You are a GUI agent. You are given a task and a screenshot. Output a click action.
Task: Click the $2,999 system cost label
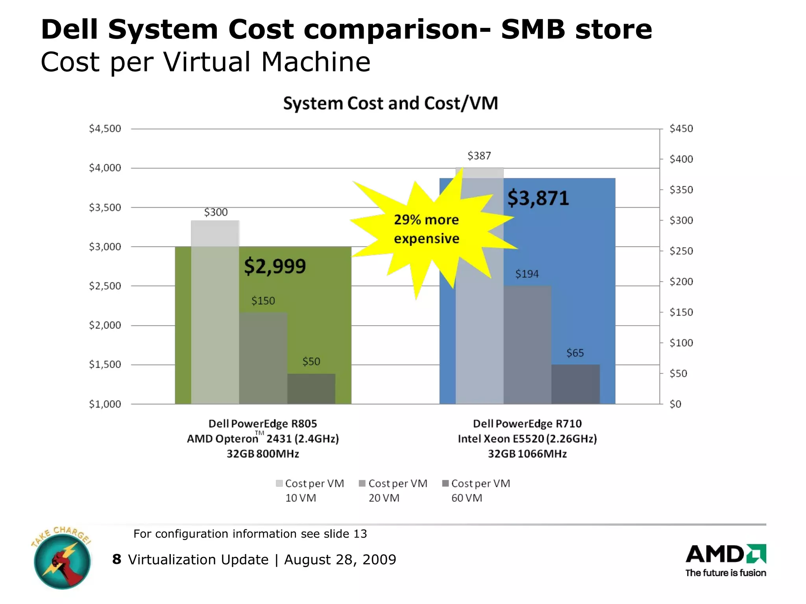275,266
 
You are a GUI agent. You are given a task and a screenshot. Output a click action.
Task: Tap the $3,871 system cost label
538,198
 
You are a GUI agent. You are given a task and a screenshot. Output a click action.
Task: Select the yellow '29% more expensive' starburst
427,230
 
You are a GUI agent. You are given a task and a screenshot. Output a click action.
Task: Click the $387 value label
479,156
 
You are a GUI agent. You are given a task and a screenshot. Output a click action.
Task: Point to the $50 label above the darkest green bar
311,362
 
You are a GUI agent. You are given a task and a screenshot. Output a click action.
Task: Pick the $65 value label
575,353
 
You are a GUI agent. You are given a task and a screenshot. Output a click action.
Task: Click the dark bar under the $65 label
575,384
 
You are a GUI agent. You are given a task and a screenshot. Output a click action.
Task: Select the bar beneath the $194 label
527,345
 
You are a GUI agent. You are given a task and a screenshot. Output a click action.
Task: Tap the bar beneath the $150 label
263,358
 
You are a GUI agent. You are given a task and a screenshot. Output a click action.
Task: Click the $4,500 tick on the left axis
105,129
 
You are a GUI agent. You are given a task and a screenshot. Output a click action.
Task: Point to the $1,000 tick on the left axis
105,404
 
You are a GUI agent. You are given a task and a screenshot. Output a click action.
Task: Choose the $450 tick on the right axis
681,129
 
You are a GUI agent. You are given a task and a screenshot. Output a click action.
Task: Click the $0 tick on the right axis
675,404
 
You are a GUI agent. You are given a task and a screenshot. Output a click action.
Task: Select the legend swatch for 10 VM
279,483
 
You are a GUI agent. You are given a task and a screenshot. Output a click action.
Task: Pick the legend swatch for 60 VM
446,483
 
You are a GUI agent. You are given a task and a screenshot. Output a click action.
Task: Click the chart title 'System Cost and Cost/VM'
390,103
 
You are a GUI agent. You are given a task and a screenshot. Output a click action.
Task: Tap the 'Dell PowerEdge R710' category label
527,424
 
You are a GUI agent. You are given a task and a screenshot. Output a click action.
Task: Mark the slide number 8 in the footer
116,559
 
